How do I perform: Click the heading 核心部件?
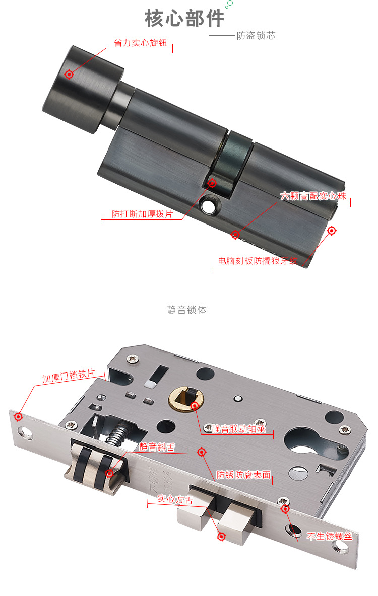tap(184, 18)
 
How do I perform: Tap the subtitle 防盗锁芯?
tap(256, 36)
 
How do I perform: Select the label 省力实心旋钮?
tap(141, 43)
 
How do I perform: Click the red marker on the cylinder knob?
tap(69, 74)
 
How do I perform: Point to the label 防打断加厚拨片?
tap(142, 214)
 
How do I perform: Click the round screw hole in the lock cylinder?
tap(208, 206)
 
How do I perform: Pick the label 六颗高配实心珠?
tap(313, 196)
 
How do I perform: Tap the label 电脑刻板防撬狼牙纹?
tap(258, 261)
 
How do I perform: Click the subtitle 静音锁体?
tap(186, 310)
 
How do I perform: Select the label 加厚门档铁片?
tap(69, 376)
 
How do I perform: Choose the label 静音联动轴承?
tap(238, 429)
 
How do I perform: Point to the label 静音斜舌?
tap(157, 447)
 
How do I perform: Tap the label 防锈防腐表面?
tap(243, 475)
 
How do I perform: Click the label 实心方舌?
tap(175, 499)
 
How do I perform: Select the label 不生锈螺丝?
tap(330, 536)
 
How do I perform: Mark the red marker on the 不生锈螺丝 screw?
tap(285, 508)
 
